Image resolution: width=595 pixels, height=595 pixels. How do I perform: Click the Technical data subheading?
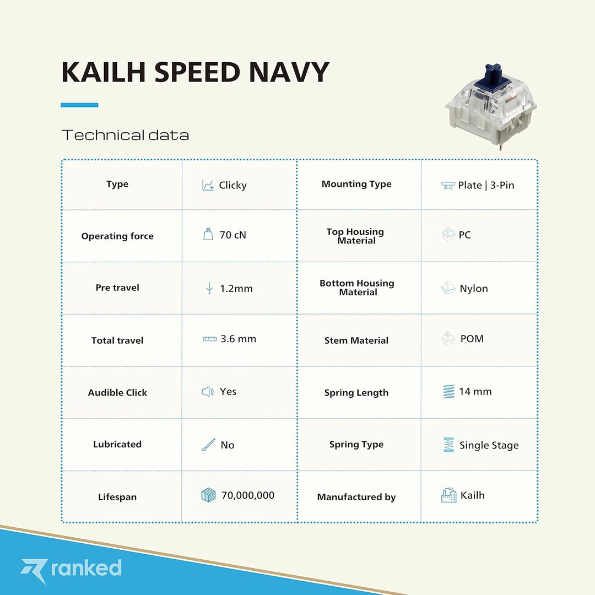pos(125,135)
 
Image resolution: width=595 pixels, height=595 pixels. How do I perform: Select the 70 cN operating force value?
pos(232,235)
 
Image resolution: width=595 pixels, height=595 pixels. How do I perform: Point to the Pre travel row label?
pos(117,288)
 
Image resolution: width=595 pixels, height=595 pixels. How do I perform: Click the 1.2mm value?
pos(236,289)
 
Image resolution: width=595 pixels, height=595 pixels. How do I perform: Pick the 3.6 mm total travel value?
pos(238,339)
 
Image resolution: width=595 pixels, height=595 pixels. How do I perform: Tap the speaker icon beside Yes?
pos(207,392)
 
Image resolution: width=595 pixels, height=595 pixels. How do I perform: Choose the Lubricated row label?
pos(117,445)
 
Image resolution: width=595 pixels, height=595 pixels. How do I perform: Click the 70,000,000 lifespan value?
pos(247,495)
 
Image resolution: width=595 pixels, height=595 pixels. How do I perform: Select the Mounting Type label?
pos(356,184)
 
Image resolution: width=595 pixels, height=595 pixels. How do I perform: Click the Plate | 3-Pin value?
pos(486,185)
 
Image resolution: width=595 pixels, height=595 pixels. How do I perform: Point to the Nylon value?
pos(473,289)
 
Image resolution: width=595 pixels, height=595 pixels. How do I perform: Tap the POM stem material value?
pos(472,339)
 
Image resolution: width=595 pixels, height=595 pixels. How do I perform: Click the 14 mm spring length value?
pos(475,392)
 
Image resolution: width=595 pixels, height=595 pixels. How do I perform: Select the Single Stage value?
pos(489,445)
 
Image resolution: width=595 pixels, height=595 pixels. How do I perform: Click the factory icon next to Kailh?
pos(448,495)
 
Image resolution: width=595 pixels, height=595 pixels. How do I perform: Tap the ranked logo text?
pos(86,568)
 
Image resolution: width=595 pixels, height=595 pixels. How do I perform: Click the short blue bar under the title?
pos(79,105)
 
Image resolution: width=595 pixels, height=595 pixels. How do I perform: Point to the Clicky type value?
pos(232,185)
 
